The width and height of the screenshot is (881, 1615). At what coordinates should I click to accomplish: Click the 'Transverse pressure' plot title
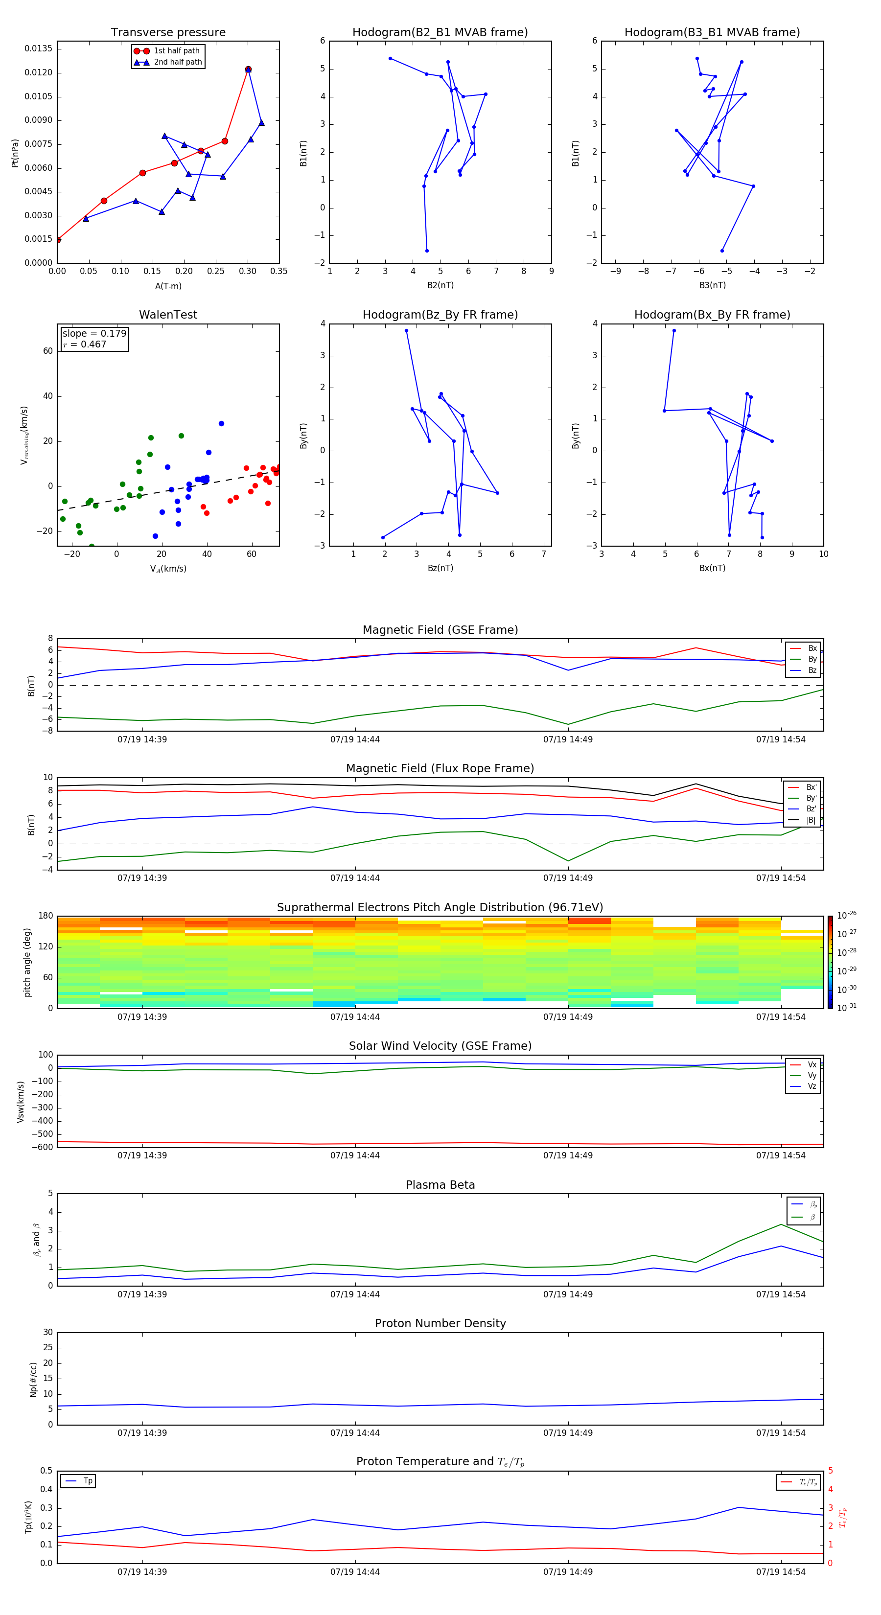click(168, 33)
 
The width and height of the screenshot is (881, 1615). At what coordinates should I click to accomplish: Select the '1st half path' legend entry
click(176, 51)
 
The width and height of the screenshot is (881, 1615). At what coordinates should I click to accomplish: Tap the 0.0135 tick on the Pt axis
click(38, 49)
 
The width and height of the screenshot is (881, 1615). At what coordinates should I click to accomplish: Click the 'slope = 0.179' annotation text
click(94, 334)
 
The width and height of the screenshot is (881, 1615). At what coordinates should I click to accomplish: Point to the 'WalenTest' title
click(168, 315)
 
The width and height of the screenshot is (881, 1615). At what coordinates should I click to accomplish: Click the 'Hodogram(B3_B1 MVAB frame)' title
click(712, 33)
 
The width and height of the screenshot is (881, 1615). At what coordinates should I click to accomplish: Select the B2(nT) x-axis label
click(440, 285)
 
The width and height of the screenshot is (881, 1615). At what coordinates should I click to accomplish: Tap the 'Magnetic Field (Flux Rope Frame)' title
click(440, 769)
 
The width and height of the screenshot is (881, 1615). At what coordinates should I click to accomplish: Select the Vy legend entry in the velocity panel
click(811, 1075)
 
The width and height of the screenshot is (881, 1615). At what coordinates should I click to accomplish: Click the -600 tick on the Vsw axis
click(43, 1147)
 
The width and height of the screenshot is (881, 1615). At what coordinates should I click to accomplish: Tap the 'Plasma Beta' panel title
click(440, 1185)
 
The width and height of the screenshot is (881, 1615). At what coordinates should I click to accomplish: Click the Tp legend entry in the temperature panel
click(87, 1481)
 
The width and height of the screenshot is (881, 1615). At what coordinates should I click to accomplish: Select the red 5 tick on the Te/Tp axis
click(830, 1471)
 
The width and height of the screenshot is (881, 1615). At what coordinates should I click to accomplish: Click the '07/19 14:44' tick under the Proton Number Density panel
click(355, 1432)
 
